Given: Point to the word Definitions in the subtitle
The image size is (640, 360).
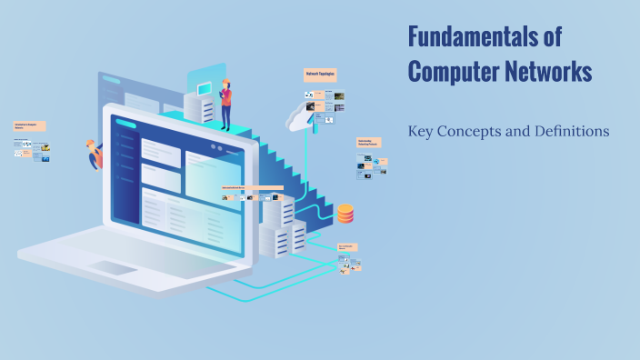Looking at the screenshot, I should coord(569,131).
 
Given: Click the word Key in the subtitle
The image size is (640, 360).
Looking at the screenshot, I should coord(420,132).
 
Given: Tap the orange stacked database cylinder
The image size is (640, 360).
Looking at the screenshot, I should coord(345,214).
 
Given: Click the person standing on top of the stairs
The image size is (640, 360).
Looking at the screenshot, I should coord(225,103).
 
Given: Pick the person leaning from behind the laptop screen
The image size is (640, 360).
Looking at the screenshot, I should coord(94,154).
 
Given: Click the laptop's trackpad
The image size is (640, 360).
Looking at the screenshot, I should coord(115,269).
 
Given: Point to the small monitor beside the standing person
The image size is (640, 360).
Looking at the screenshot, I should coord(205,87).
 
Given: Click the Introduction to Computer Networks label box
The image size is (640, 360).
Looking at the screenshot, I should coord(30,126).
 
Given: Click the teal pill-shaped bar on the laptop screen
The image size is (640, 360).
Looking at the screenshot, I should coord(125,125).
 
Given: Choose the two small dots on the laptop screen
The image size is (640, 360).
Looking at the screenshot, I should coord(215,147).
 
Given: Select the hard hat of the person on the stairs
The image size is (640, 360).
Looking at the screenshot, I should coord(225,82).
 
